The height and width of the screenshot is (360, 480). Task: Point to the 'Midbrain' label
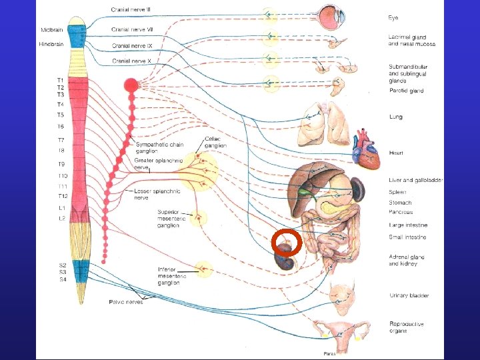[53, 30]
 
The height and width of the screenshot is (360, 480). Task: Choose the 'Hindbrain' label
[53, 45]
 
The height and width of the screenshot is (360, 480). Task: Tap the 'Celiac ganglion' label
[215, 142]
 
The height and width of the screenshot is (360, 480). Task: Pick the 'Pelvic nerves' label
[125, 302]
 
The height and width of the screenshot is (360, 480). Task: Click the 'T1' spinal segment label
[60, 80]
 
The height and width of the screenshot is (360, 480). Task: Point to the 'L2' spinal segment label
[61, 218]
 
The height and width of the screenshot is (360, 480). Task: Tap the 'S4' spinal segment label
[62, 279]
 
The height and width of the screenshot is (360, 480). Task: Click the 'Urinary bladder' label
[409, 295]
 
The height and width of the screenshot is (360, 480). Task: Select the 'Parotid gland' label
[406, 91]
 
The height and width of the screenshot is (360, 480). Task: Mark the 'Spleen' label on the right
[399, 191]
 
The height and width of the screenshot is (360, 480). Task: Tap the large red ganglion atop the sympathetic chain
[131, 85]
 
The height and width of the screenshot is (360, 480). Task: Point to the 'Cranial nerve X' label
[132, 61]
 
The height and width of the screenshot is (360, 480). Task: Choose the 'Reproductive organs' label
[407, 327]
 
